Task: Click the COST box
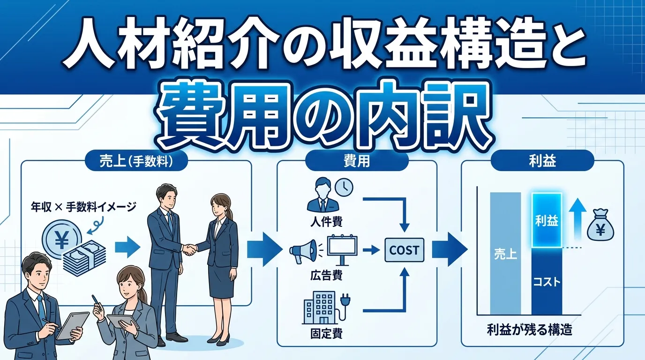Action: tap(404, 250)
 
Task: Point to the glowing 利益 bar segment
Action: tap(547, 221)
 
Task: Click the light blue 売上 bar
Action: tap(505, 253)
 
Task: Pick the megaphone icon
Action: tap(301, 250)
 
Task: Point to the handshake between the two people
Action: tap(189, 249)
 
